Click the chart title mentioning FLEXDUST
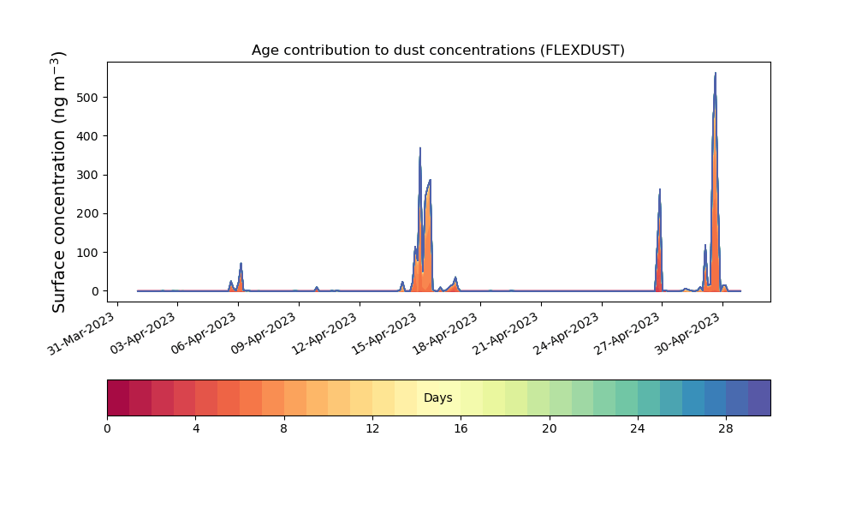click(437, 51)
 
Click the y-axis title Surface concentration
click(59, 182)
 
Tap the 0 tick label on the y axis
click(96, 291)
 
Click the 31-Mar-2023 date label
click(82, 334)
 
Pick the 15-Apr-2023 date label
click(385, 334)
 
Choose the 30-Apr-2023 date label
click(688, 334)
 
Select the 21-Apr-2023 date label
click(506, 334)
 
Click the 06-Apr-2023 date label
click(203, 334)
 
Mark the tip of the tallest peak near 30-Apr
click(715, 73)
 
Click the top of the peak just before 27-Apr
click(659, 189)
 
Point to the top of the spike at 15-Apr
click(419, 148)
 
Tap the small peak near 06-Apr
click(241, 263)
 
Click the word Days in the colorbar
click(437, 397)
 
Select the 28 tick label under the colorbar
click(726, 429)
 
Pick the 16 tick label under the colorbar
click(461, 429)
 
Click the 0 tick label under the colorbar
click(108, 429)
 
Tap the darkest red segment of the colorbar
click(118, 397)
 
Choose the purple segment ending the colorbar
click(759, 397)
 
